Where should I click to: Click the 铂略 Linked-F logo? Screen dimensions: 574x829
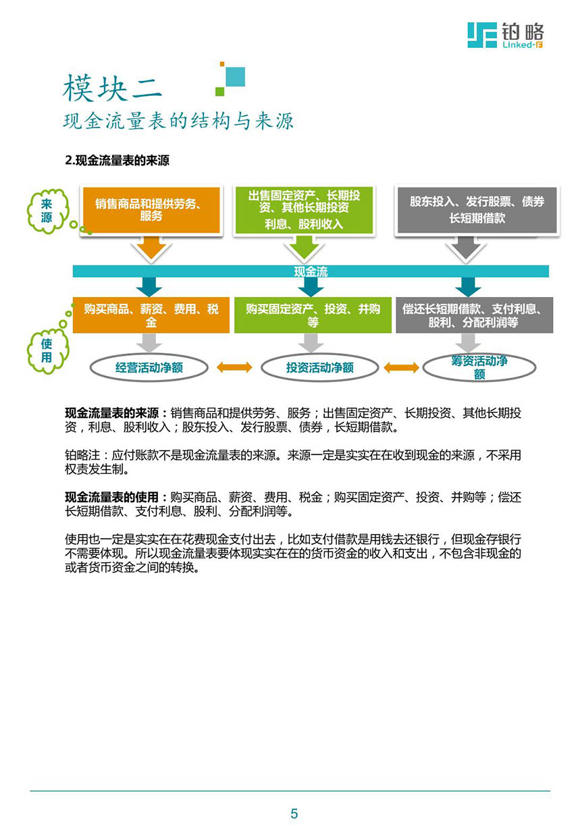pyautogui.click(x=505, y=35)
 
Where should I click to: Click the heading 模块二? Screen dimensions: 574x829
pyautogui.click(x=112, y=88)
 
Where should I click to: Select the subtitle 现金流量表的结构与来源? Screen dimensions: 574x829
pyautogui.click(x=178, y=121)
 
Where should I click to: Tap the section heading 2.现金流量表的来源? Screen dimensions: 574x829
pyautogui.click(x=117, y=161)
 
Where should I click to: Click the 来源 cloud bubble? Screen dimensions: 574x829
pyautogui.click(x=47, y=211)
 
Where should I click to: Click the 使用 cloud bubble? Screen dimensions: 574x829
pyautogui.click(x=47, y=350)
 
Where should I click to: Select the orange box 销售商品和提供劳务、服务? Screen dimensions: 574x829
pyautogui.click(x=151, y=210)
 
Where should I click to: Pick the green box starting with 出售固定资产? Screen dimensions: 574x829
pyautogui.click(x=304, y=210)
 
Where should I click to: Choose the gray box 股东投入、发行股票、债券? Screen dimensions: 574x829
pyautogui.click(x=477, y=210)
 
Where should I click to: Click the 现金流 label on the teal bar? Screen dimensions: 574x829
pyautogui.click(x=311, y=271)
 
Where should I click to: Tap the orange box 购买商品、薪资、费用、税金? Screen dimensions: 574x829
pyautogui.click(x=151, y=315)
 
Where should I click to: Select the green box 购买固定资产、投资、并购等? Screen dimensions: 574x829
pyautogui.click(x=313, y=315)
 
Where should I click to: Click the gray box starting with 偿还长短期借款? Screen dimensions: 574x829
pyautogui.click(x=474, y=315)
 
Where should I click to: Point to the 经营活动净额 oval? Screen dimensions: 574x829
pyautogui.click(x=149, y=367)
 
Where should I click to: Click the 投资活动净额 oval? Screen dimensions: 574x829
pyautogui.click(x=320, y=367)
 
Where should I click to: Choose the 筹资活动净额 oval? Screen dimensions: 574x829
pyautogui.click(x=479, y=367)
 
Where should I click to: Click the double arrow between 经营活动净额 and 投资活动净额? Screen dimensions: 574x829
pyautogui.click(x=234, y=367)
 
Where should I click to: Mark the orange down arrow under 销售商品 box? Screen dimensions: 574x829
pyautogui.click(x=151, y=248)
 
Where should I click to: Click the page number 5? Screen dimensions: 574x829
pyautogui.click(x=294, y=813)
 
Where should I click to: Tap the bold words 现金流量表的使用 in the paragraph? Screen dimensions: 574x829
pyautogui.click(x=111, y=497)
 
